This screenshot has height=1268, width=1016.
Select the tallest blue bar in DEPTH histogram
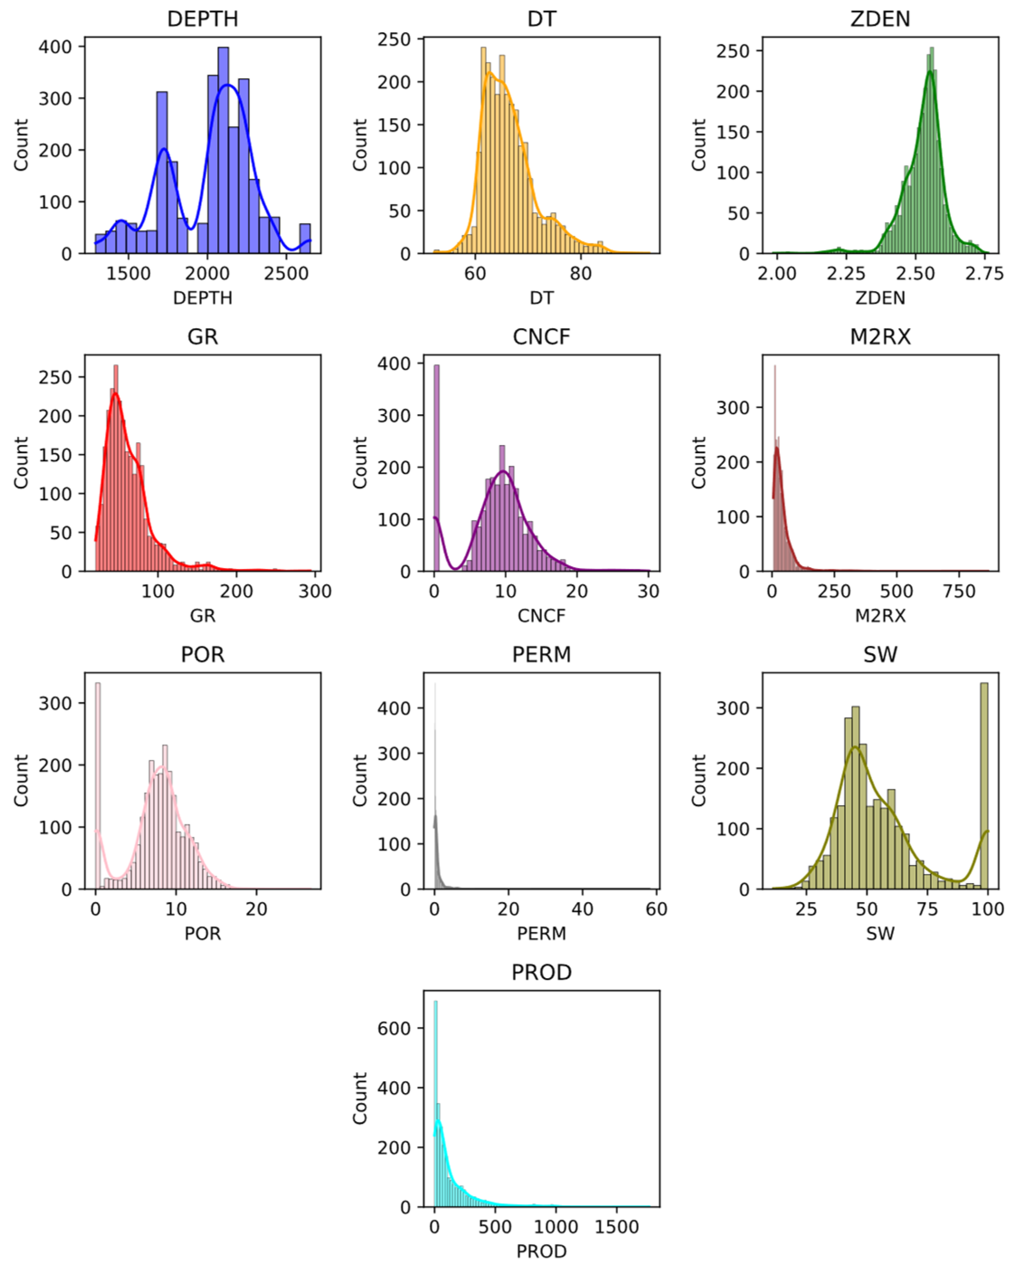223,150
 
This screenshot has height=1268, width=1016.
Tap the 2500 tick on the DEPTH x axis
286,274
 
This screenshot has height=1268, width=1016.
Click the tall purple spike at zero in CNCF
436,468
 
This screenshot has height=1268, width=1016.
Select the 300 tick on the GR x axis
315,591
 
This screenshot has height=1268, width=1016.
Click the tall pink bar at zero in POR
98,786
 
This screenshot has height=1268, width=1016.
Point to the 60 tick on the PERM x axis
656,909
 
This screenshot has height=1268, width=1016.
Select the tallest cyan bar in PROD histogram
435,1104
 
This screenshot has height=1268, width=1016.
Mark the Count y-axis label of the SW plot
698,781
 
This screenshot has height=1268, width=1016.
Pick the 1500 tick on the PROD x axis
616,1227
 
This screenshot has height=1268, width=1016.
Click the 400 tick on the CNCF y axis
393,364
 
